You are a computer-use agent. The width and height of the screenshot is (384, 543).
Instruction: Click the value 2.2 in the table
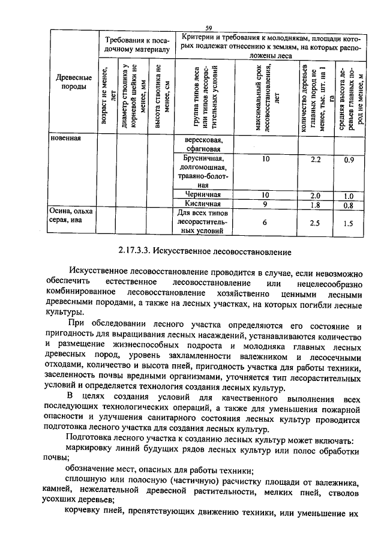point(316,160)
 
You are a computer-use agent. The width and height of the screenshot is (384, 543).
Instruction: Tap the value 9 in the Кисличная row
point(265,204)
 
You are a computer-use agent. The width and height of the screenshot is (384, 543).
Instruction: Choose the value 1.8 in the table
point(316,205)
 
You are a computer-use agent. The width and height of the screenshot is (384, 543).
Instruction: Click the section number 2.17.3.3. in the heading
point(137,248)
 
